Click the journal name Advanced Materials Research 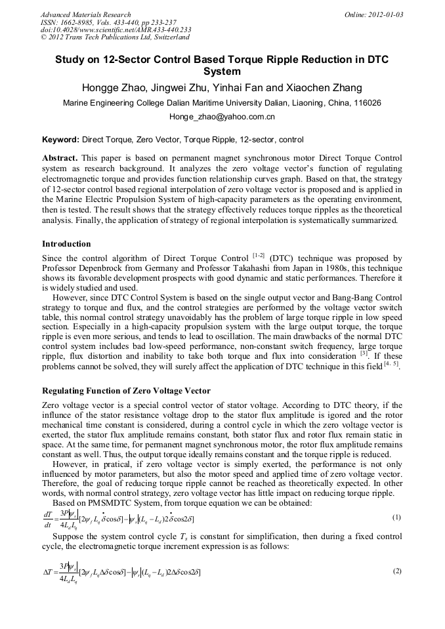pyautogui.click(x=85, y=14)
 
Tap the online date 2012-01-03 pyautogui.click(x=385, y=14)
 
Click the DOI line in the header pyautogui.click(x=116, y=30)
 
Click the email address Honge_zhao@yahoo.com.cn pyautogui.click(x=222, y=117)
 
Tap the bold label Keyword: pyautogui.click(x=60, y=140)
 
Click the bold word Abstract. pyautogui.click(x=59, y=159)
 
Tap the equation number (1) pyautogui.click(x=396, y=517)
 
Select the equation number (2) pyautogui.click(x=396, y=571)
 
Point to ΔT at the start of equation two pyautogui.click(x=48, y=572)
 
